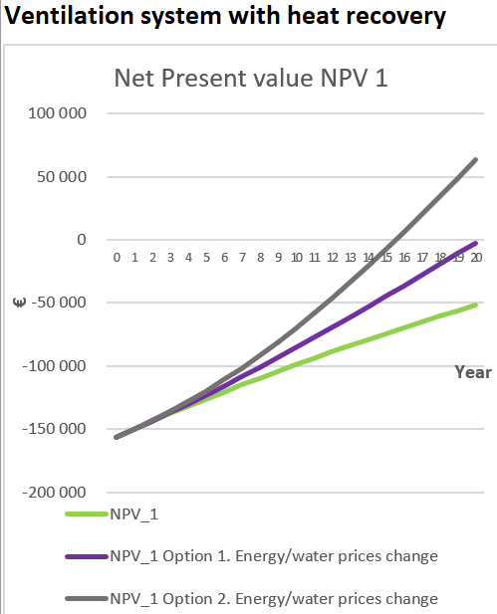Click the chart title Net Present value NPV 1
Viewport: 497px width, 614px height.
[251, 78]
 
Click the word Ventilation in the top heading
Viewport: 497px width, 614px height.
[69, 16]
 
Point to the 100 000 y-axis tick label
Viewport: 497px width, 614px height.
[57, 113]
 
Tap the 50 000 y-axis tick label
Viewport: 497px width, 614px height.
[62, 176]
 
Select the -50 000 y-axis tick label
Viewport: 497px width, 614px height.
[59, 303]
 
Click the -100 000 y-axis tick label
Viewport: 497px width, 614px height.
[54, 366]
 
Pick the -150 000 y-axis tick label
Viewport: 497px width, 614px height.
[54, 429]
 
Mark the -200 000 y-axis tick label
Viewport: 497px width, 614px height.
[54, 493]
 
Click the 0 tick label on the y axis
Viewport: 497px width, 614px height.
[82, 239]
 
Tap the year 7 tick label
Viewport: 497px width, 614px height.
[243, 258]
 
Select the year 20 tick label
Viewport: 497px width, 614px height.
[476, 258]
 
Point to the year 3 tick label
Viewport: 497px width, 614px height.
[170, 258]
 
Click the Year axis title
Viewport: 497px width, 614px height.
[473, 372]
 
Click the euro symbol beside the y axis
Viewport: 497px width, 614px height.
[19, 303]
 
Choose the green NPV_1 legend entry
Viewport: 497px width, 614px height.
[112, 513]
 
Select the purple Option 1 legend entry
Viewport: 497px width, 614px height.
[252, 556]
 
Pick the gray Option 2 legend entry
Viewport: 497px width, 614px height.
[252, 599]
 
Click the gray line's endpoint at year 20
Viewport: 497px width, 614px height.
[476, 160]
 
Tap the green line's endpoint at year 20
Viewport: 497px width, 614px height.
[476, 305]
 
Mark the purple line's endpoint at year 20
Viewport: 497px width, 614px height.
[476, 244]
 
